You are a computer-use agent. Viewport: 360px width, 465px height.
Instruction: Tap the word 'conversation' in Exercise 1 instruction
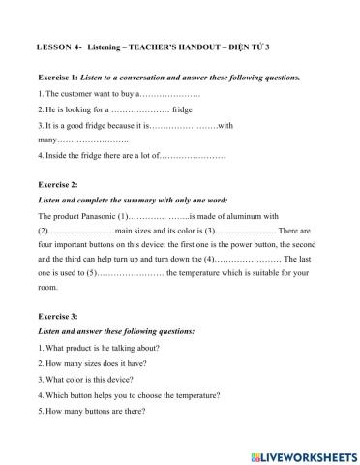click(160, 77)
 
